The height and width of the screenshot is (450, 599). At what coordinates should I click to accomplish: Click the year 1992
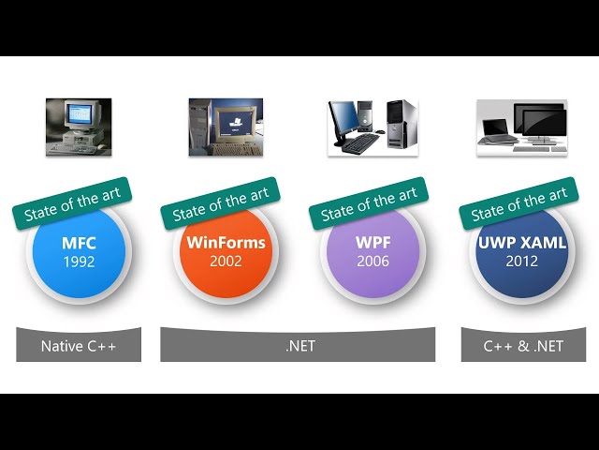[79, 262]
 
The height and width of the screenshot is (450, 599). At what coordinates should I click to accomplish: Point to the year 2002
[226, 262]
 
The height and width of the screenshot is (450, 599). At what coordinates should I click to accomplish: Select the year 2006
[373, 262]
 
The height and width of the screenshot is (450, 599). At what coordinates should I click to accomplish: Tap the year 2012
[522, 262]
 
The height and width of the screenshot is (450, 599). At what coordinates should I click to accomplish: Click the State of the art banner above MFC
[72, 203]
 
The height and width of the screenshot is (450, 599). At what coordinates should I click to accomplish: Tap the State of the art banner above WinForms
[221, 203]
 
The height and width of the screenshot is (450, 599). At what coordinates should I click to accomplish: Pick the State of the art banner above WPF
[369, 203]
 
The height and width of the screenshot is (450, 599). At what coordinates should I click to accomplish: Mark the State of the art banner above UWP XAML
[519, 203]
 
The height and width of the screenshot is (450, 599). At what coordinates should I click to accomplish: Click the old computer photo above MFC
[79, 127]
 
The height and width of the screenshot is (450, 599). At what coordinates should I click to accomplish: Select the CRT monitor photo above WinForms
[226, 127]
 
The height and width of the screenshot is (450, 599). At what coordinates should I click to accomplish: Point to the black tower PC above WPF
[402, 124]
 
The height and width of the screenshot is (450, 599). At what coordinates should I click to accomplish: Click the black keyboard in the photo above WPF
[360, 143]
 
